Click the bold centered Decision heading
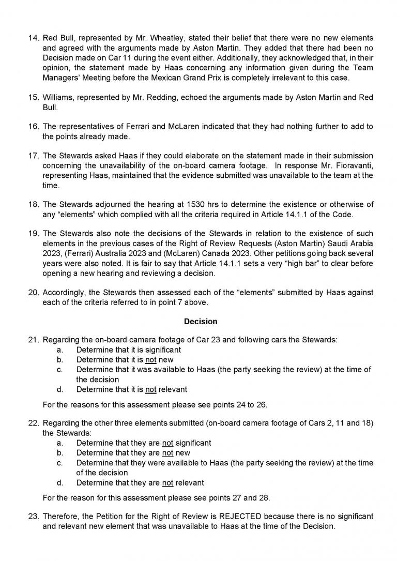201,321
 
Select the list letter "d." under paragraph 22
60,483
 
